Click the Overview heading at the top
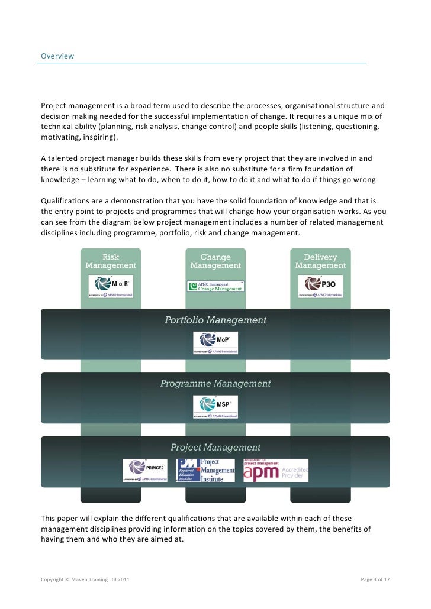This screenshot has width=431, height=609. (x=57, y=56)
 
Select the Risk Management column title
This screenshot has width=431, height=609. (x=111, y=261)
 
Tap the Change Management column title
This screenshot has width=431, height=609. (x=215, y=261)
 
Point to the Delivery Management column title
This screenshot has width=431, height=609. (x=320, y=261)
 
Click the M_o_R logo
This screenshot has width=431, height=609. (x=111, y=286)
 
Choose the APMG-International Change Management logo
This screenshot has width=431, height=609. (x=215, y=286)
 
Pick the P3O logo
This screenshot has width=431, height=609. (x=320, y=286)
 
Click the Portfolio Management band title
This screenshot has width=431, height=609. (x=215, y=320)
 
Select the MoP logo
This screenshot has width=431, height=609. (x=215, y=342)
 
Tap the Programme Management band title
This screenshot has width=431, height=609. (x=215, y=384)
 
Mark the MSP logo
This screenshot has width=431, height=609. (x=215, y=406)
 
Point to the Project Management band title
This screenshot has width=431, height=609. (x=215, y=448)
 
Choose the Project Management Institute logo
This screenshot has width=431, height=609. (x=206, y=471)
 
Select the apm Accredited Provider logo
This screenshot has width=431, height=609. (x=276, y=471)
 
